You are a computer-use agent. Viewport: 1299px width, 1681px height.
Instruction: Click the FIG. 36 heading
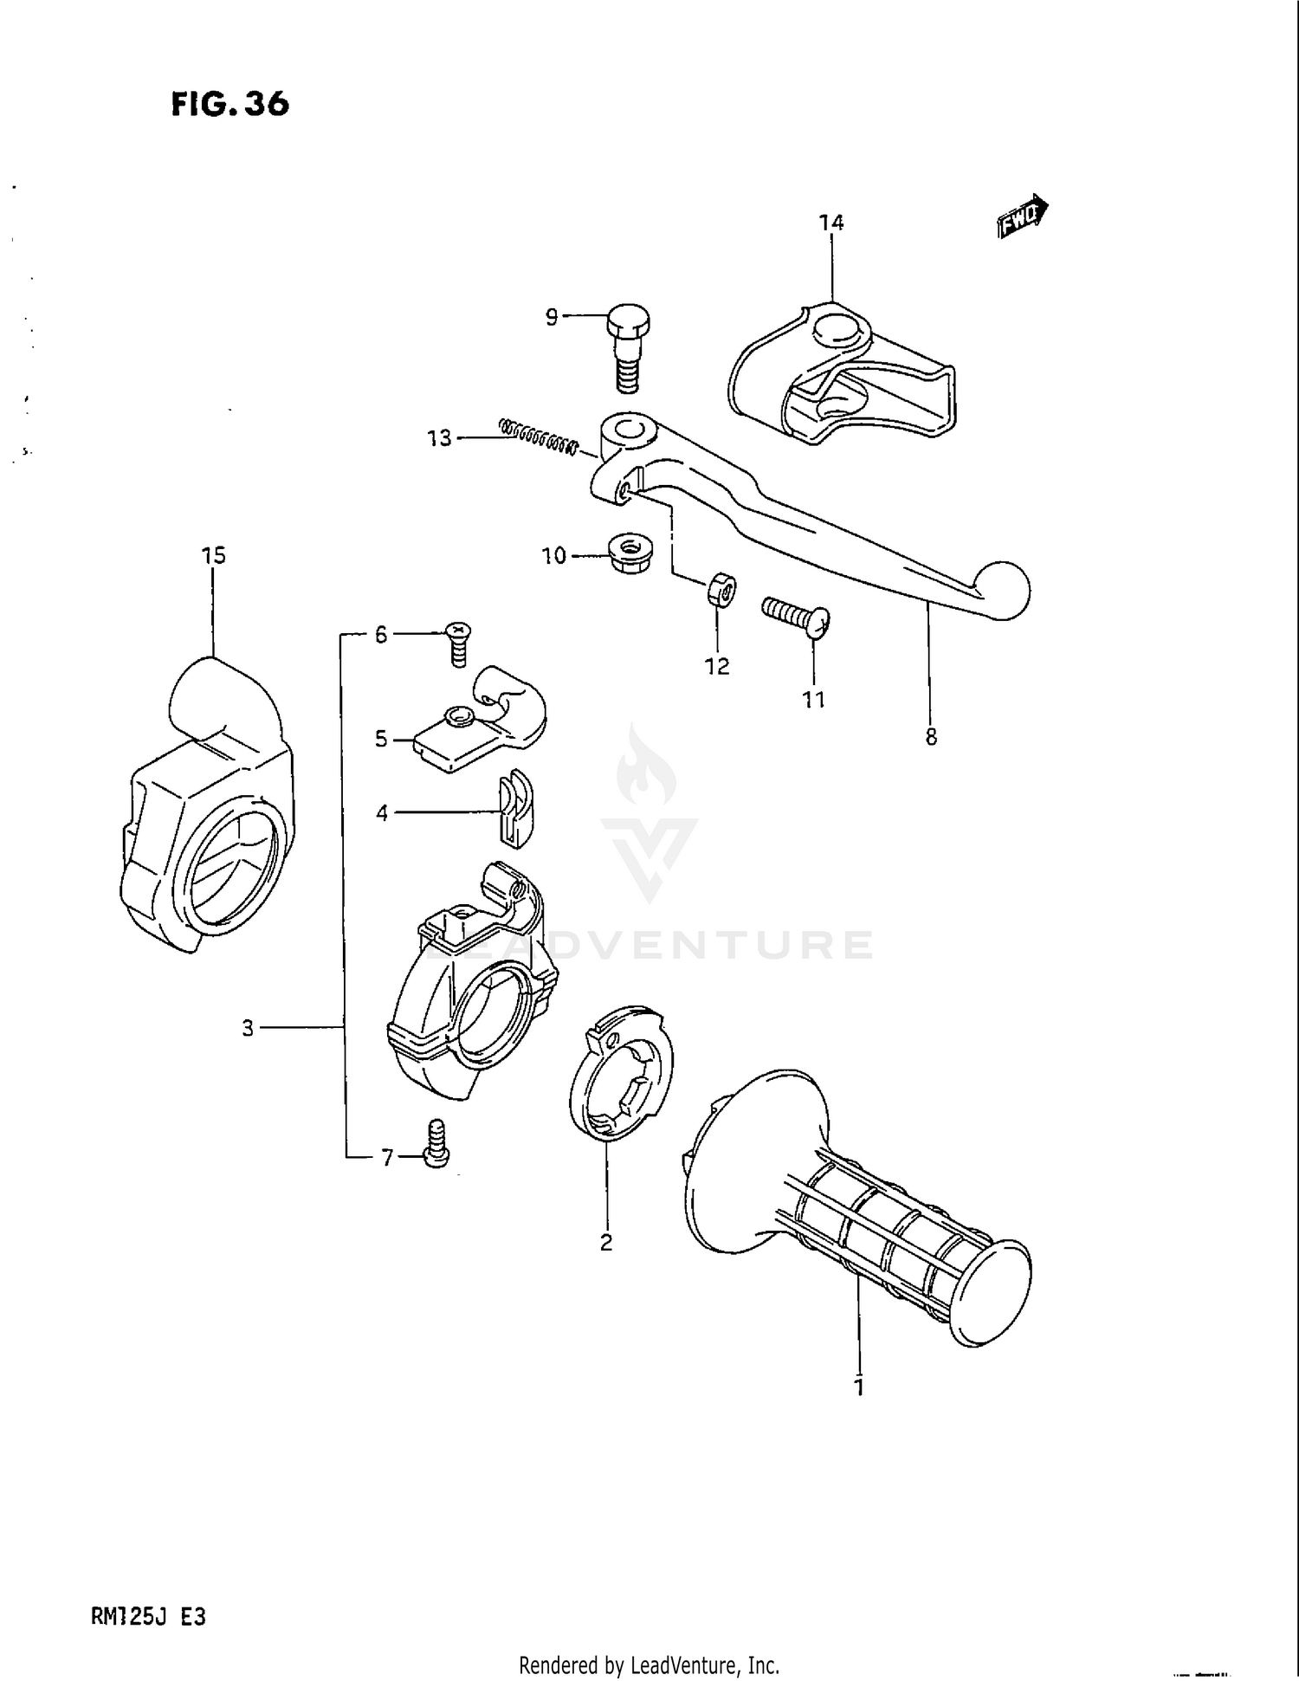point(229,104)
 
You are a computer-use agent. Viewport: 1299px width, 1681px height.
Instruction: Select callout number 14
point(830,223)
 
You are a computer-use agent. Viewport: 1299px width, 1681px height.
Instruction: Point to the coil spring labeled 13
point(538,436)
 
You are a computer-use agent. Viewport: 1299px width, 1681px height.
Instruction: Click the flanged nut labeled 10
point(630,553)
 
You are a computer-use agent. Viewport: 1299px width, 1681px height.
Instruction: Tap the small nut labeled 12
point(721,591)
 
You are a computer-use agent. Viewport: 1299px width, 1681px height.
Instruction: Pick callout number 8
point(931,737)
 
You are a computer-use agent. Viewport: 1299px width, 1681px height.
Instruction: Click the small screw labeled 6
point(456,642)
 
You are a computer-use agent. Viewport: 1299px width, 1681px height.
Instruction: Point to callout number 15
point(213,555)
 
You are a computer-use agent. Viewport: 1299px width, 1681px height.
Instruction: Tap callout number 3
point(248,1028)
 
